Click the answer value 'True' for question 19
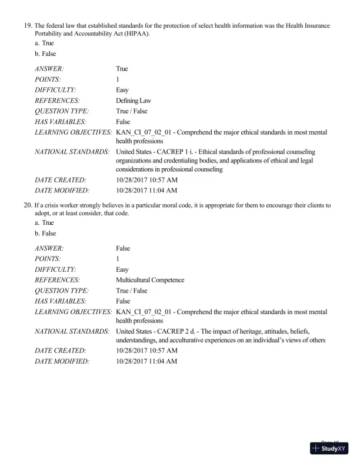(x=122, y=69)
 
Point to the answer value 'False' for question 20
(x=123, y=248)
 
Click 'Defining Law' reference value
(x=134, y=101)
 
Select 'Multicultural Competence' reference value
(x=150, y=280)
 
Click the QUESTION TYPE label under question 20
(x=62, y=291)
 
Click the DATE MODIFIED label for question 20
(x=62, y=361)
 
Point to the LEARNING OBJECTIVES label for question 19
(x=73, y=132)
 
